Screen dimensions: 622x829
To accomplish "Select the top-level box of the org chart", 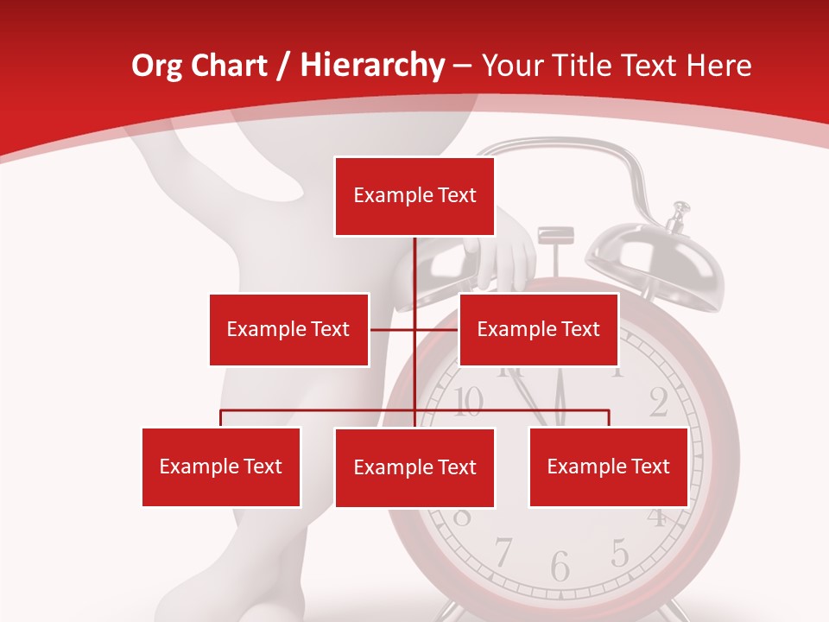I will click(414, 196).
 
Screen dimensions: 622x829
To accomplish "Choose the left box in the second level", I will click(288, 329).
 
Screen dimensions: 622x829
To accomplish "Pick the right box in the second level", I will click(538, 329).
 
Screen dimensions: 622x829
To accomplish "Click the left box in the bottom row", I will click(221, 466).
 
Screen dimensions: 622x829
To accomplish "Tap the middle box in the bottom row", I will click(414, 467).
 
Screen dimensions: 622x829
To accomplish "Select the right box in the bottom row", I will click(608, 466).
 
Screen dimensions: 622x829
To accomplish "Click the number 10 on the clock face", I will click(467, 401).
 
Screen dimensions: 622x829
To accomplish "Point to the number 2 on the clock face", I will click(658, 402).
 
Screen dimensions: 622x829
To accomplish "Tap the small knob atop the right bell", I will click(681, 208).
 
